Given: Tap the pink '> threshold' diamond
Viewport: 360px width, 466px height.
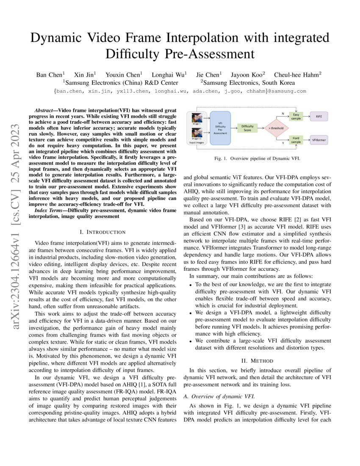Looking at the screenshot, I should coord(276,128).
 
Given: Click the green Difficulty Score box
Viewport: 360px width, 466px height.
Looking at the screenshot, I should coord(247,128).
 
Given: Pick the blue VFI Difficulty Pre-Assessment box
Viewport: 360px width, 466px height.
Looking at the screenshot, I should coord(220,128).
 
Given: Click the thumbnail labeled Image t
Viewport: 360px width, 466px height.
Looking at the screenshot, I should coord(197,118).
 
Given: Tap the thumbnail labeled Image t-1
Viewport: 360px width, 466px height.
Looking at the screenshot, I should coord(197,133).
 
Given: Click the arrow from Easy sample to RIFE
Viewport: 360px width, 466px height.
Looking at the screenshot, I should coord(307,116).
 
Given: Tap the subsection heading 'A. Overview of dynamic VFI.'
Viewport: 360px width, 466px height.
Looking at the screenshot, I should coord(219,397).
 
